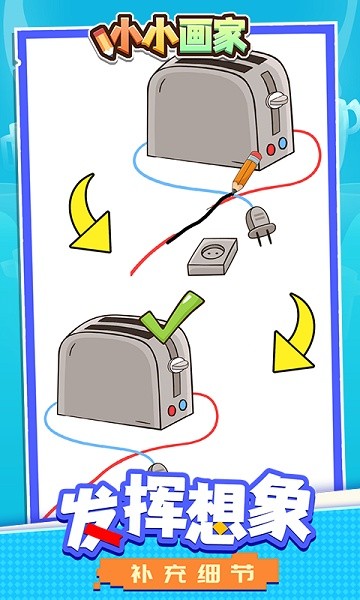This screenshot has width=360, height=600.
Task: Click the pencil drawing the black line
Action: click(x=244, y=173)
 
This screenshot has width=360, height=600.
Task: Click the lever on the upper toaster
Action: click(x=278, y=100)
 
